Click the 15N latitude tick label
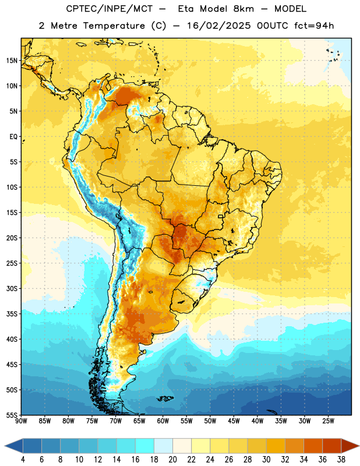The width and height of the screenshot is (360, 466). pyautogui.click(x=12, y=61)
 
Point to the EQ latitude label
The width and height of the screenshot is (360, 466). pyautogui.click(x=13, y=137)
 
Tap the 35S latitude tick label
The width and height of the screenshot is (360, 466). pyautogui.click(x=12, y=314)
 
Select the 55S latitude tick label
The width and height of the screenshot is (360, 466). pyautogui.click(x=12, y=415)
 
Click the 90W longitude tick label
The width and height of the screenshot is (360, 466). pyautogui.click(x=21, y=421)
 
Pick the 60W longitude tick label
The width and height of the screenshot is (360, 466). pyautogui.click(x=163, y=421)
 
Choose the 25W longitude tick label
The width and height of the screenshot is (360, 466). pyautogui.click(x=328, y=421)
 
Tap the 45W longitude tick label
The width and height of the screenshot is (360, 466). pyautogui.click(x=234, y=421)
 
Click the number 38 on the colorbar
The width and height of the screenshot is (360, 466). pyautogui.click(x=341, y=460)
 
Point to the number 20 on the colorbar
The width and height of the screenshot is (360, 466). pyautogui.click(x=172, y=460)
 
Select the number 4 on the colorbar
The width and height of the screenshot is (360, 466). pyautogui.click(x=23, y=460)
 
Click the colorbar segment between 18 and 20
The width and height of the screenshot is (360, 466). pyautogui.click(x=163, y=446)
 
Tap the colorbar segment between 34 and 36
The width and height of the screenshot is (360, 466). pyautogui.click(x=313, y=446)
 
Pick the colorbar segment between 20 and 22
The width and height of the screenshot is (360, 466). pyautogui.click(x=182, y=446)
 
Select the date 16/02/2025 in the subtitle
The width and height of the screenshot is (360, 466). pyautogui.click(x=219, y=26)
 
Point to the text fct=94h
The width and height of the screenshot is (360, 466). pyautogui.click(x=314, y=26)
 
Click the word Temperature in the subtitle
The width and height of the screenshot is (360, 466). pyautogui.click(x=114, y=26)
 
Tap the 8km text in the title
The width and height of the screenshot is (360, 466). pyautogui.click(x=243, y=9)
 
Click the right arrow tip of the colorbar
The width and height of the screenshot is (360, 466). pyautogui.click(x=359, y=446)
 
